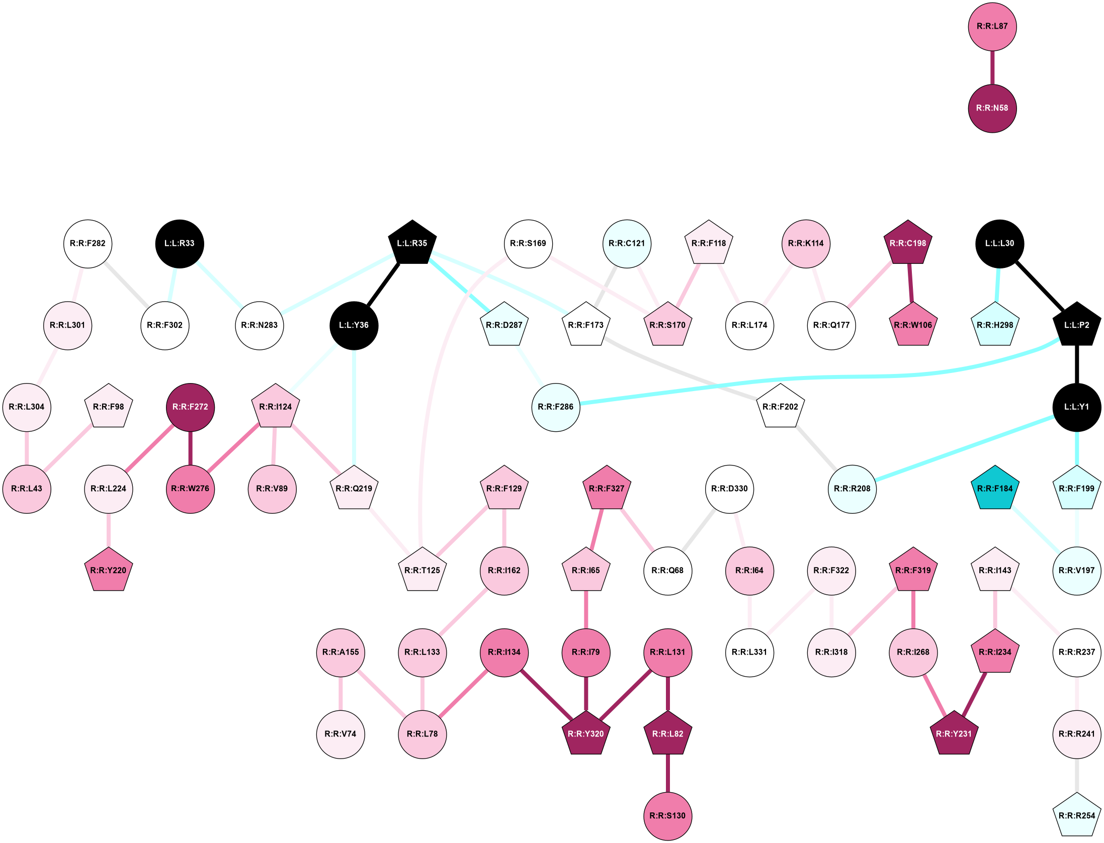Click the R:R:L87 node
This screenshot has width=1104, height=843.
[992, 27]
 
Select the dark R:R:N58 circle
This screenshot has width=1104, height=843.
[992, 108]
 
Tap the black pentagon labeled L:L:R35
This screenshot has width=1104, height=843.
[412, 243]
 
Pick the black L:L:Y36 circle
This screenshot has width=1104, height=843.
[354, 325]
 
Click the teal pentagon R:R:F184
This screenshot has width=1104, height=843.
[994, 489]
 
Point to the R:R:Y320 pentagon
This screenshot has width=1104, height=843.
[585, 734]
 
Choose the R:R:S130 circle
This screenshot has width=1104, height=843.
[667, 816]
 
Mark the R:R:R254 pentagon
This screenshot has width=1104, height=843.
[1076, 816]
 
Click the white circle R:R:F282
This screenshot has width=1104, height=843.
[88, 244]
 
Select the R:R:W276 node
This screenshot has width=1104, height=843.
[190, 489]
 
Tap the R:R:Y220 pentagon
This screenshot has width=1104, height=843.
[108, 571]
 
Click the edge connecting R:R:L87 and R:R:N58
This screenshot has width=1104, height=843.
[992, 67]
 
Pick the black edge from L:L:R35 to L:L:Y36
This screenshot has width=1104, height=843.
[383, 284]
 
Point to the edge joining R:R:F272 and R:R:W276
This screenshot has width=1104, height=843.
[190, 448]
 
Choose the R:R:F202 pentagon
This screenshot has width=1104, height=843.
[780, 407]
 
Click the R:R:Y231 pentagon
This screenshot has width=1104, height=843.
[954, 734]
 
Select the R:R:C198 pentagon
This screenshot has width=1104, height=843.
[907, 243]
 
